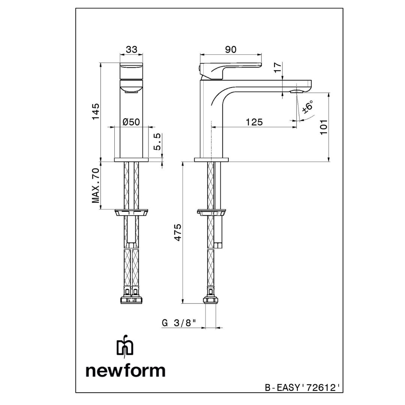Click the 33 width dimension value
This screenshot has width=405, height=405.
coord(132,49)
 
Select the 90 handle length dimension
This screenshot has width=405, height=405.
coord(231,49)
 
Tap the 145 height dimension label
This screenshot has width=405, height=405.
coord(96,111)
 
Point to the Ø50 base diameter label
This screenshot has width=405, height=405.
coord(131,122)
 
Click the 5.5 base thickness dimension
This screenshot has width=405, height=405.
coord(158,141)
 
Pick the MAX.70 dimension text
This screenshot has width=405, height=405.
coord(96,186)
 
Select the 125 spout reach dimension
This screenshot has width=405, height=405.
coord(254,122)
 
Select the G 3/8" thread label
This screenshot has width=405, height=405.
coord(179,323)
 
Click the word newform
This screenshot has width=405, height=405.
coord(125,370)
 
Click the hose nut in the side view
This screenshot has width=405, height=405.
coord(210,300)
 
